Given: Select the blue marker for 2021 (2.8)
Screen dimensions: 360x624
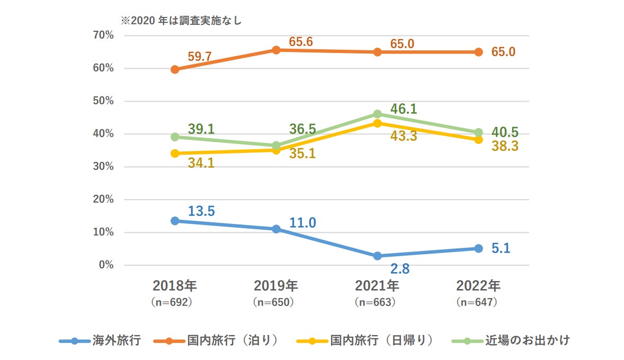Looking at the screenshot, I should (x=377, y=256).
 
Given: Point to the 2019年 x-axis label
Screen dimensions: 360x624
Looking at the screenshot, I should (x=275, y=286).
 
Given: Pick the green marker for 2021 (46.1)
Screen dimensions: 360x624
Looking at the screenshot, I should (x=377, y=114).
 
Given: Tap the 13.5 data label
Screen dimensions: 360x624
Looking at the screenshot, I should (x=201, y=211).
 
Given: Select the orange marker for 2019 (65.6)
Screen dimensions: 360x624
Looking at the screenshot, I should (x=276, y=50).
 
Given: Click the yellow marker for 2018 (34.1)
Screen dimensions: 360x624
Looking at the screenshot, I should (x=175, y=154).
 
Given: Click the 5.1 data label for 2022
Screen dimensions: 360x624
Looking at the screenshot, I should (x=501, y=248).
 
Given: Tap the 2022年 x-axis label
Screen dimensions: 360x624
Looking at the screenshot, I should (x=478, y=286).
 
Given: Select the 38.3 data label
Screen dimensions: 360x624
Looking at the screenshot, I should (x=504, y=146).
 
